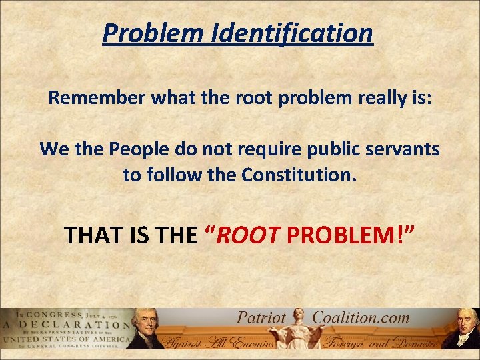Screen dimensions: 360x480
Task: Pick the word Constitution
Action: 296,176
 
